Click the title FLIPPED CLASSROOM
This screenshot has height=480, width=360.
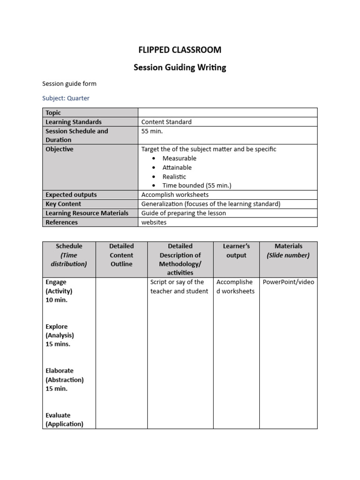(x=180, y=50)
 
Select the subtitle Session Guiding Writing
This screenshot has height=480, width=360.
(x=180, y=67)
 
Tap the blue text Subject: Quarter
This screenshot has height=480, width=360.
(x=66, y=98)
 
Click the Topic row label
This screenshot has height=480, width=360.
(x=53, y=112)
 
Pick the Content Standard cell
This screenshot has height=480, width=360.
(x=166, y=122)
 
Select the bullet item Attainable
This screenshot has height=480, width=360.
(x=177, y=167)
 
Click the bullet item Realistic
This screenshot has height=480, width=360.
(x=174, y=177)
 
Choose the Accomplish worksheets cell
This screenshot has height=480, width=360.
(x=175, y=195)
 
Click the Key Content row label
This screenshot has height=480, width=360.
(x=63, y=204)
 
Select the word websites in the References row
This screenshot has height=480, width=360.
(x=154, y=222)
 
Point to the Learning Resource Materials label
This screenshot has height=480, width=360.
(x=87, y=213)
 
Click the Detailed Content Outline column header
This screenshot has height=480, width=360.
(x=121, y=255)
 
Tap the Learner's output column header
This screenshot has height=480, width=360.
(x=236, y=251)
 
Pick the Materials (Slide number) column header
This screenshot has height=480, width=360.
(x=288, y=251)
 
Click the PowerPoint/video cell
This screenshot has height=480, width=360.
(x=288, y=282)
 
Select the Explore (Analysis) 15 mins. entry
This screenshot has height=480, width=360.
(x=60, y=335)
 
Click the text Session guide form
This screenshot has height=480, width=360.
(x=69, y=84)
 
